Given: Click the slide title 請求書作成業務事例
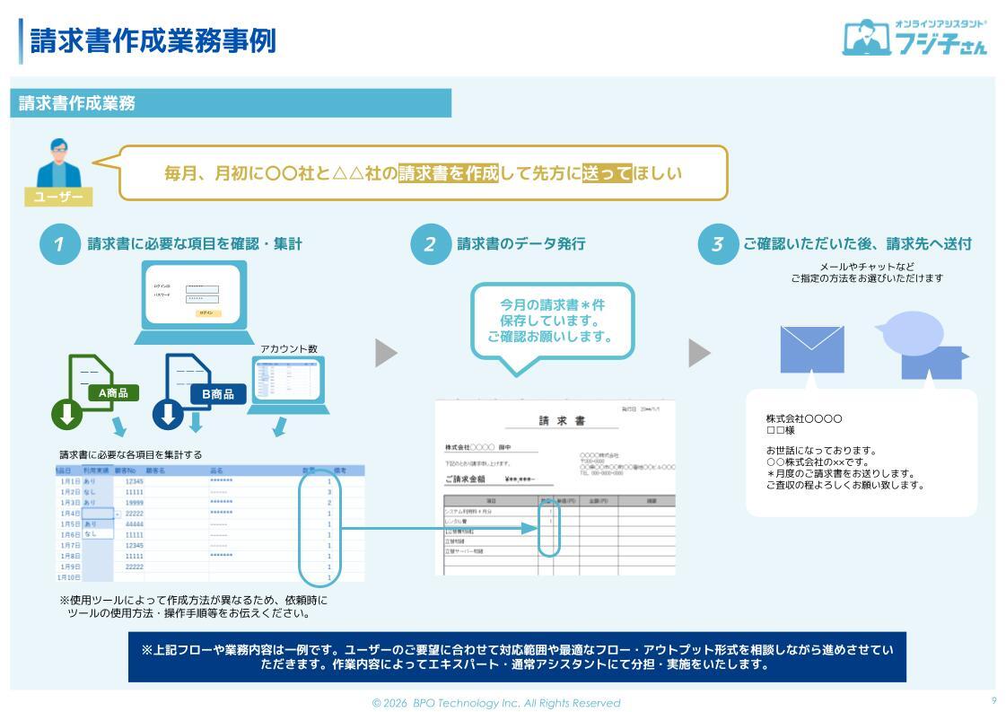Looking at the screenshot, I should click(x=153, y=41).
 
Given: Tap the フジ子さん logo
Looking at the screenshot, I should click(x=914, y=37).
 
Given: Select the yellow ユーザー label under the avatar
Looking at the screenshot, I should click(x=58, y=197).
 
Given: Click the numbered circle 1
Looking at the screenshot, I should click(x=59, y=244).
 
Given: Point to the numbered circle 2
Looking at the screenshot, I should click(x=430, y=244).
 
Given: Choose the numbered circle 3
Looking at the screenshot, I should click(x=717, y=244).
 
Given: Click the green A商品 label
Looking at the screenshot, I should click(x=113, y=392).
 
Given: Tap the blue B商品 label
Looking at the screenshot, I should click(x=217, y=393).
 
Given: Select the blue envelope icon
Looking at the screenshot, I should click(x=812, y=349).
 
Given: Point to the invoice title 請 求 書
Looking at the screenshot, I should click(x=562, y=421).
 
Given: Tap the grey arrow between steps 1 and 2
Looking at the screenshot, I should click(x=386, y=353).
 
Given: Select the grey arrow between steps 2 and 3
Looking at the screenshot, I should click(x=699, y=353).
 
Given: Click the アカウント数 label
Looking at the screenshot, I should click(x=288, y=348).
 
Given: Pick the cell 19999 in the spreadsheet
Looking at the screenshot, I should click(x=135, y=503).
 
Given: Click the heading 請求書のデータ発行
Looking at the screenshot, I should click(x=520, y=243).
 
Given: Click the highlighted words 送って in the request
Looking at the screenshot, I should click(x=608, y=172).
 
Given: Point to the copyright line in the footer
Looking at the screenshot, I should click(x=496, y=703).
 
